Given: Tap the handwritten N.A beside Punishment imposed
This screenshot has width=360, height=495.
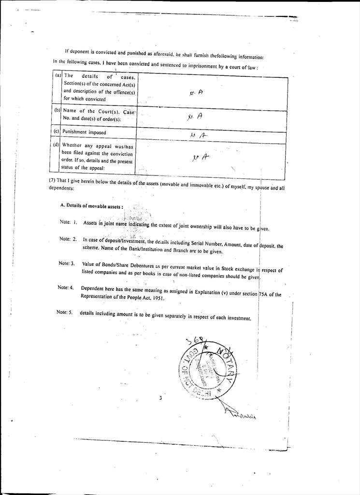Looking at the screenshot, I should point(199,136).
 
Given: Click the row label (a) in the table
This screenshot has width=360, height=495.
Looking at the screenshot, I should point(58,75).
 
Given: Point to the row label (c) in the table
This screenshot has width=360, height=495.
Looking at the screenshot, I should point(57,131).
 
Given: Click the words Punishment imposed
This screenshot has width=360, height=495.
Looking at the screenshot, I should point(85,132).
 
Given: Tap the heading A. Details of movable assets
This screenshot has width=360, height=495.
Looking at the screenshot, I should point(91,205).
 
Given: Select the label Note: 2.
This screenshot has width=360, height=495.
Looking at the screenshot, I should point(68,239).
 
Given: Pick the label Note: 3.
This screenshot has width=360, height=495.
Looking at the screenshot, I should point(67,263).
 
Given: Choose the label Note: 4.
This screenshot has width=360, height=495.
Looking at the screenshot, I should point(66,288).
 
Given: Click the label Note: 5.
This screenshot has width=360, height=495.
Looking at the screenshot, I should point(64,312).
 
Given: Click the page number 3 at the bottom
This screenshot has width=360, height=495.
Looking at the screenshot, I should point(160,398).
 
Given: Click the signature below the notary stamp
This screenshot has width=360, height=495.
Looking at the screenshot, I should point(240,414).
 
